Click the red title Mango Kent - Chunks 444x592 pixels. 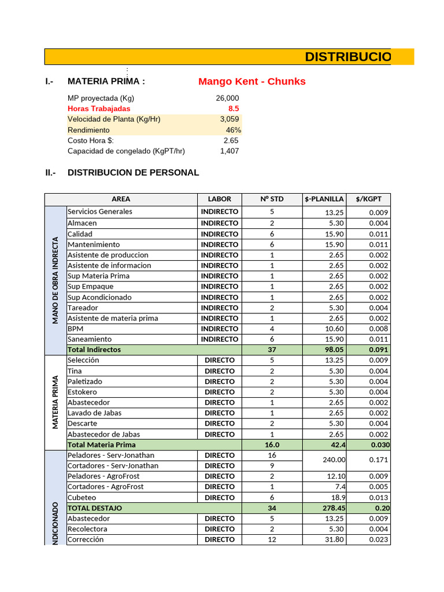[x=251, y=82]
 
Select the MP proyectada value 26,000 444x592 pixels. [x=227, y=98]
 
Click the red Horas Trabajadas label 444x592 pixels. [x=99, y=109]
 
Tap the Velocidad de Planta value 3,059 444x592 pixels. [x=229, y=119]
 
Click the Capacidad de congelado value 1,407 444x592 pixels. [x=229, y=151]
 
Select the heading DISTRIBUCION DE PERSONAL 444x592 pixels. [x=133, y=173]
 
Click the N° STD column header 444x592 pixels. [x=272, y=199]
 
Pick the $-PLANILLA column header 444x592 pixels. [x=324, y=199]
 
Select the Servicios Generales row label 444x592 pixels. [x=100, y=212]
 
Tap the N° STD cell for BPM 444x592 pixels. [x=272, y=329]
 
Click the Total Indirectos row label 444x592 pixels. [x=94, y=350]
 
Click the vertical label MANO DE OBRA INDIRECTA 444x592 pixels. [x=55, y=280]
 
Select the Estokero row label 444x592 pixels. [x=83, y=392]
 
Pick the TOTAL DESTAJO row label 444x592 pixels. [x=95, y=508]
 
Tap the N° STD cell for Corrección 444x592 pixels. [x=272, y=539]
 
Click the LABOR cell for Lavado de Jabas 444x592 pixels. [x=220, y=413]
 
